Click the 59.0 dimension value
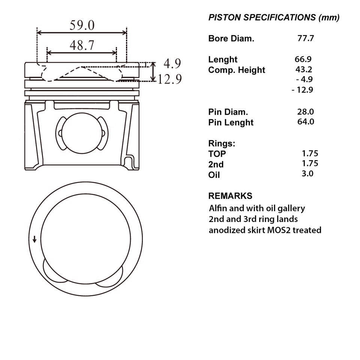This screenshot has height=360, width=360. (x=82, y=25)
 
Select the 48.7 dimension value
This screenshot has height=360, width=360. (x=82, y=45)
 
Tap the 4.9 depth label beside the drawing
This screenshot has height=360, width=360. (x=172, y=64)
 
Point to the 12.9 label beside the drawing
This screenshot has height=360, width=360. (x=169, y=79)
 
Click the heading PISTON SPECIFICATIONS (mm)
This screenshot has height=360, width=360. (x=274, y=17)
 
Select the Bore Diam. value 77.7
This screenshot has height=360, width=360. (x=305, y=38)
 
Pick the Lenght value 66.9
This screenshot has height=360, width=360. (x=303, y=59)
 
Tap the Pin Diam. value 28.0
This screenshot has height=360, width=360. (x=305, y=111)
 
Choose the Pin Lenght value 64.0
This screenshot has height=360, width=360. (x=305, y=121)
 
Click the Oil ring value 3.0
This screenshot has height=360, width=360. (x=307, y=173)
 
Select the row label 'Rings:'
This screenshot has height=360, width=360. (x=221, y=143)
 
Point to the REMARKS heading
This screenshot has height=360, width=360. (x=230, y=196)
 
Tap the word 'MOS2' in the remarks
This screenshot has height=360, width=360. (x=278, y=230)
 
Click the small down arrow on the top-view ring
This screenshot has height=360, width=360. (x=35, y=239)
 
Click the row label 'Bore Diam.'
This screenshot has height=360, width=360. (x=231, y=38)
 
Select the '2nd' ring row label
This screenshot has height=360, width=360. (x=216, y=164)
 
